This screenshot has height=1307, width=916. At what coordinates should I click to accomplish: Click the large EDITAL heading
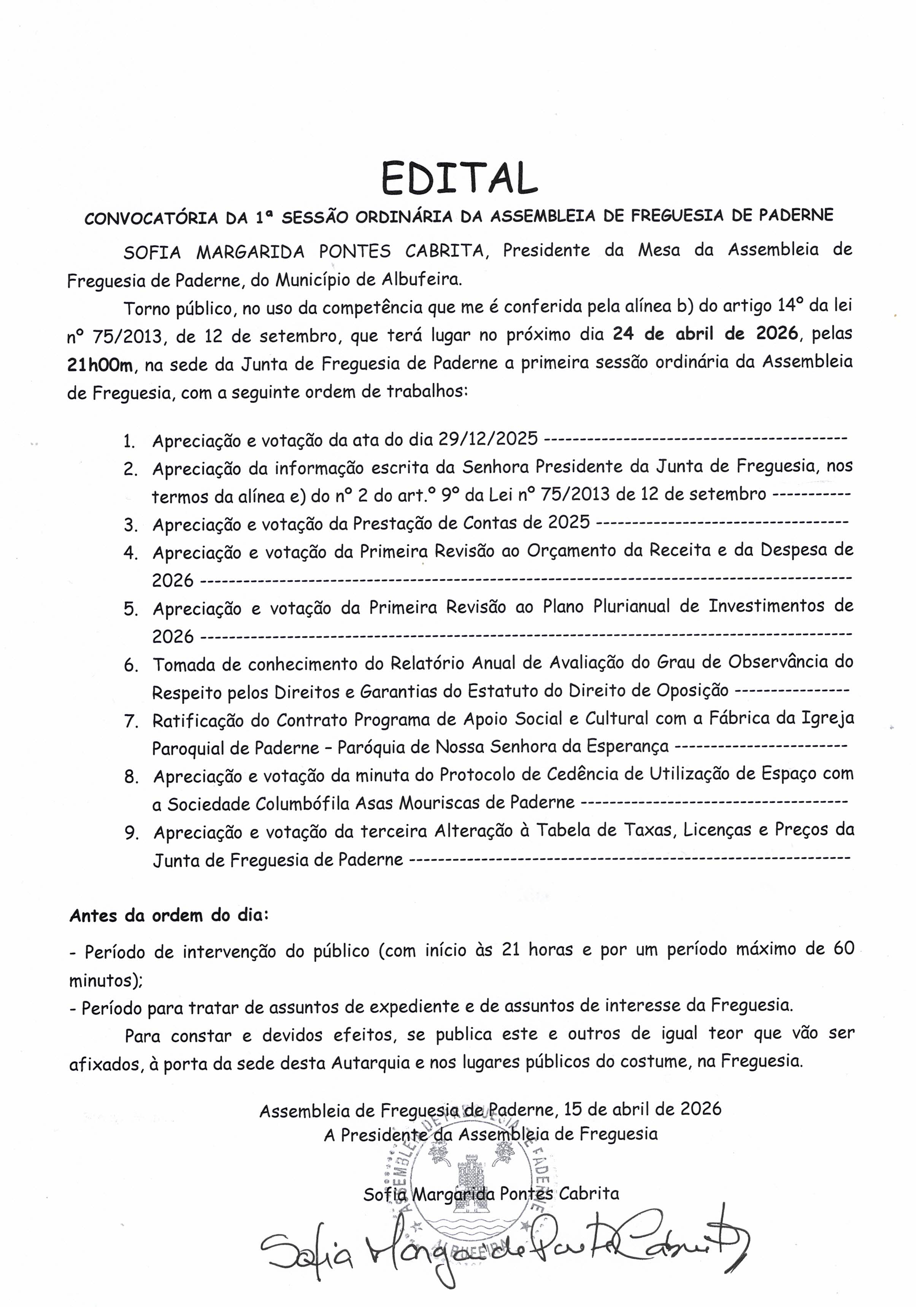(459, 179)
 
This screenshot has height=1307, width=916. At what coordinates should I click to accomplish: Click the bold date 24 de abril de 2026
(705, 333)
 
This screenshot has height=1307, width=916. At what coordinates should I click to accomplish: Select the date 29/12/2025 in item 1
(488, 438)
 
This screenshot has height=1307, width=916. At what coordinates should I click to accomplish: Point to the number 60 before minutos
(844, 948)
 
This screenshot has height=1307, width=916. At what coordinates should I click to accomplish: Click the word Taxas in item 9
(648, 830)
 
